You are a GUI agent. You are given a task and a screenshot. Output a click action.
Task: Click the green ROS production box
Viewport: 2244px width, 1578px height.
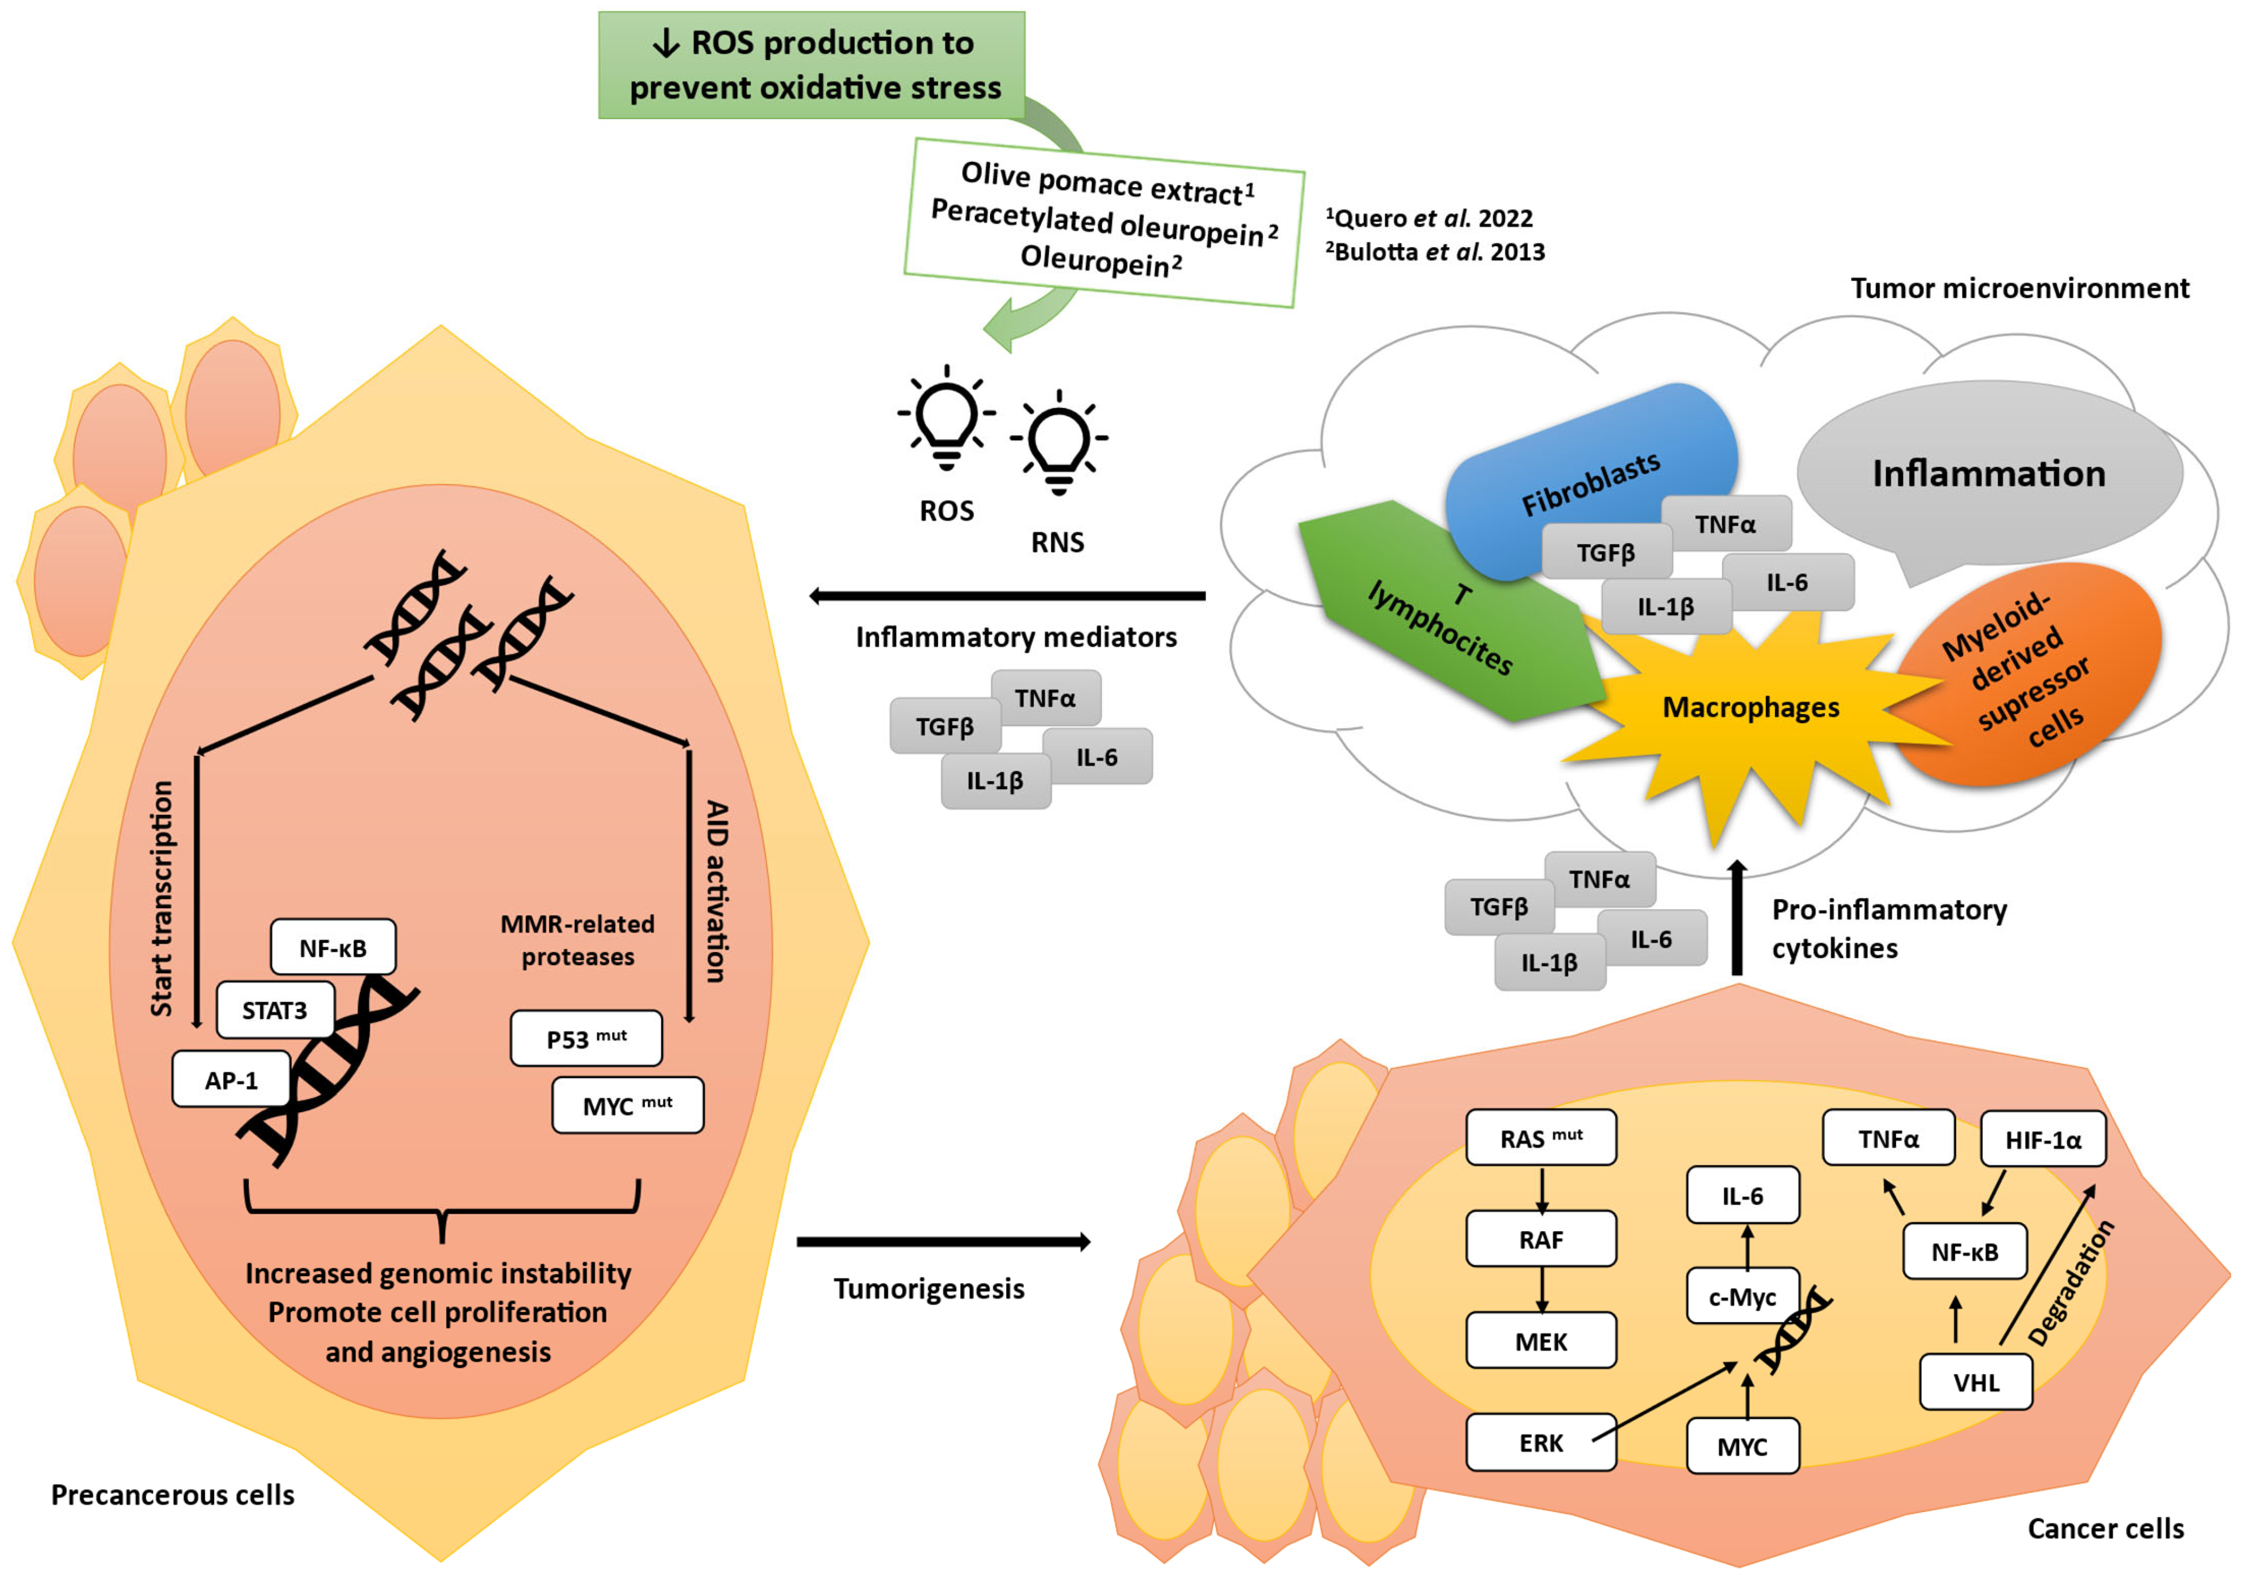[x=811, y=64]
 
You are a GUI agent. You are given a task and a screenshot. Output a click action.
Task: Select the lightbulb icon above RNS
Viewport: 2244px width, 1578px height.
[x=1059, y=443]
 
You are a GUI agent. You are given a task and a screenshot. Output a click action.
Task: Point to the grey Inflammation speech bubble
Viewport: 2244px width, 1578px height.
[x=1989, y=474]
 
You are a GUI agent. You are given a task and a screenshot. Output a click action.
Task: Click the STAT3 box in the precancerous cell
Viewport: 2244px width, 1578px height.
[x=275, y=1011]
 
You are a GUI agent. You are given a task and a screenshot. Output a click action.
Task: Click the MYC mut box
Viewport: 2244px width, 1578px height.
[x=628, y=1105]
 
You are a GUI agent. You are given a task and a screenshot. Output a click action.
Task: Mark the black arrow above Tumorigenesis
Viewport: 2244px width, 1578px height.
[x=943, y=1242]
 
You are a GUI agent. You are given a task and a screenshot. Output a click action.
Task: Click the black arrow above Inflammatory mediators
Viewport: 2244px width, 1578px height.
[x=1007, y=595]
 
